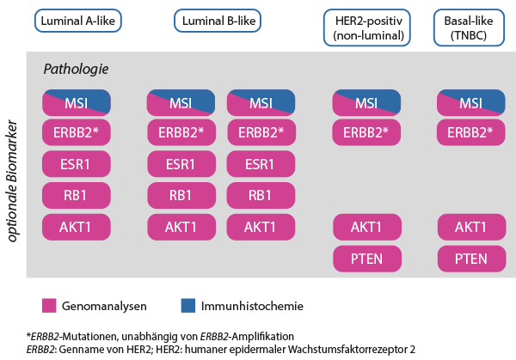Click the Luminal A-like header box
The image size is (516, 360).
(x=78, y=21)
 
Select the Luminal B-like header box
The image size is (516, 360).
(x=218, y=21)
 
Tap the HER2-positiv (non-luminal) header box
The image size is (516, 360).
(x=367, y=27)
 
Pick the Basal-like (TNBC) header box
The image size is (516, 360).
(x=469, y=27)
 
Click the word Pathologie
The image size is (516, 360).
(x=76, y=69)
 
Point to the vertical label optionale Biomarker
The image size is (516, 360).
(x=12, y=180)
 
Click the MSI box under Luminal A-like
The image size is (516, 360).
(x=77, y=103)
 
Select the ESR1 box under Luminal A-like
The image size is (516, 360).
(x=77, y=164)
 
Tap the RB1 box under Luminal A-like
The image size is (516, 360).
(x=77, y=195)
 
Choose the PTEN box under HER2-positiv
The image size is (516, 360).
(x=367, y=259)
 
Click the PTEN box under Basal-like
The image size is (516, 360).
(x=471, y=259)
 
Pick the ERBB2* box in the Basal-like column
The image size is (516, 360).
(x=471, y=132)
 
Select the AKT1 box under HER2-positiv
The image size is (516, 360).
(x=367, y=227)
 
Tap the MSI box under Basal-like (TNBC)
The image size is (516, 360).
(x=471, y=103)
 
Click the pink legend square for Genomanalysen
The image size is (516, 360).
(x=49, y=305)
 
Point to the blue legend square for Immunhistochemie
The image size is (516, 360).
(x=188, y=305)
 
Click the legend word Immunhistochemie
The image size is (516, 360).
(x=252, y=306)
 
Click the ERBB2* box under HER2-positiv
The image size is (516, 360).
(x=366, y=132)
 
